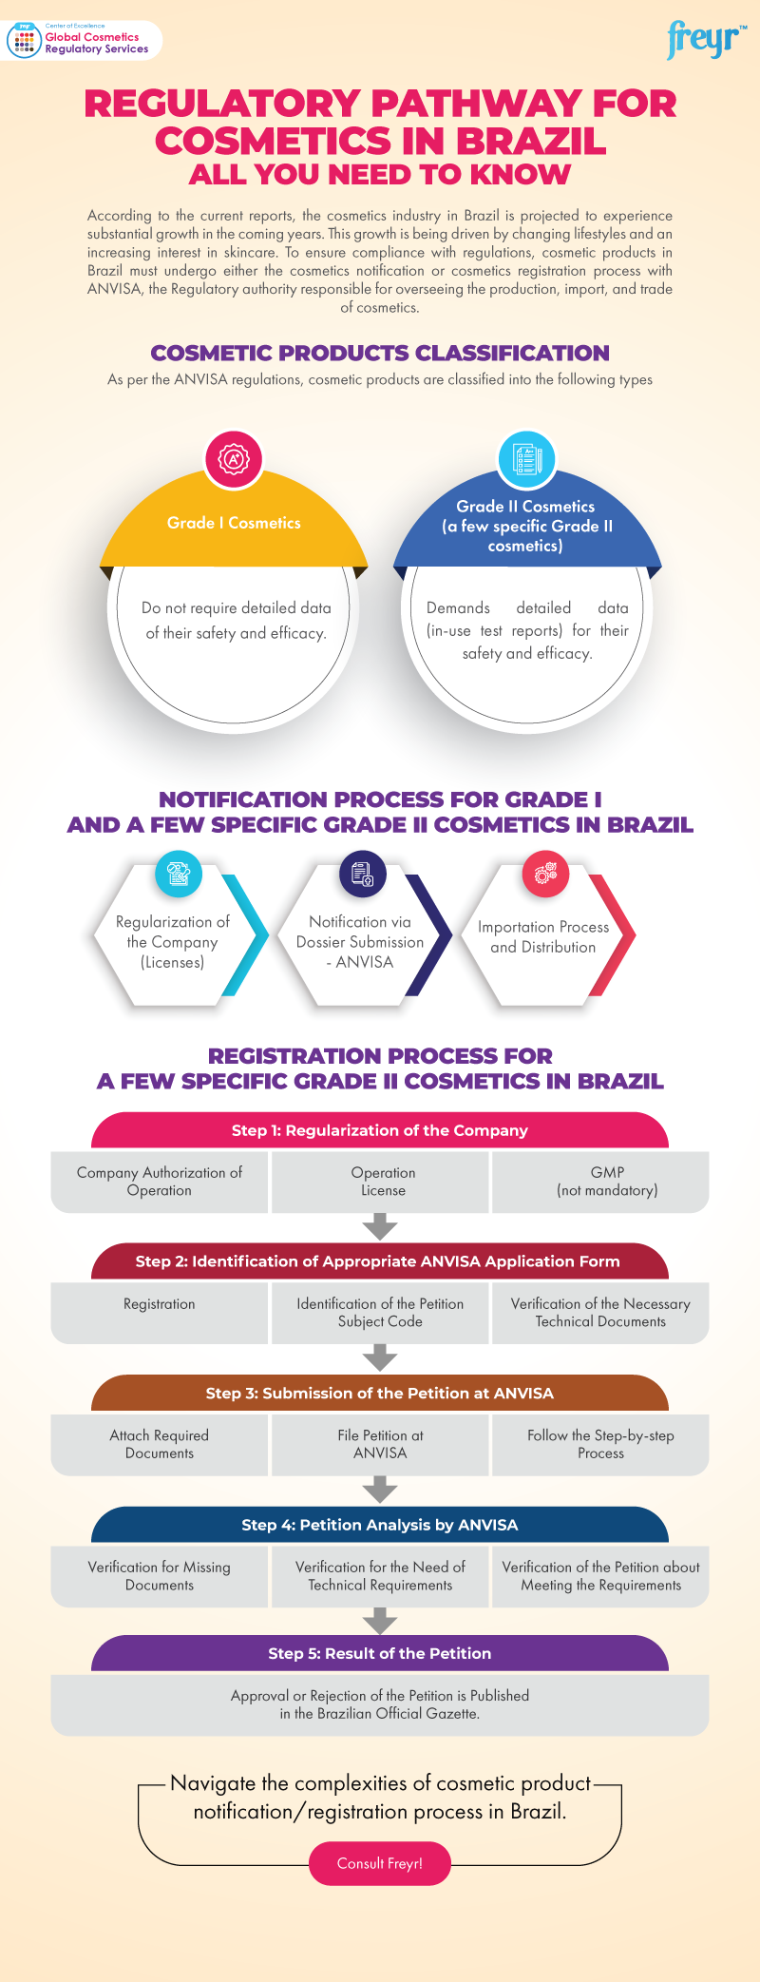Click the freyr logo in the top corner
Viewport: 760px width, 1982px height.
point(706,40)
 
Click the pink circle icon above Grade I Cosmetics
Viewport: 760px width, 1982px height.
point(234,459)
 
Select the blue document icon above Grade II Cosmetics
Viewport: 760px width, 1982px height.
point(526,459)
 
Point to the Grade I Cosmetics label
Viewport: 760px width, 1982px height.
point(234,523)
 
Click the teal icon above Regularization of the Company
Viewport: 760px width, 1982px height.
point(179,874)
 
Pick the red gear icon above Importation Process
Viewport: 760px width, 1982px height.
point(545,874)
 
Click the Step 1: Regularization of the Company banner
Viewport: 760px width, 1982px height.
point(380,1130)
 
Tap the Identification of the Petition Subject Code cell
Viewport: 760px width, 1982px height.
point(380,1313)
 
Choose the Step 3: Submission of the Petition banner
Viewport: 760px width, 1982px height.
point(380,1393)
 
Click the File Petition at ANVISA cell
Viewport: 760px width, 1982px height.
point(380,1444)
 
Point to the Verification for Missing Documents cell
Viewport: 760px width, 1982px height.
point(160,1575)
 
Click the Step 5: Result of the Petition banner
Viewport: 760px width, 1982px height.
point(380,1653)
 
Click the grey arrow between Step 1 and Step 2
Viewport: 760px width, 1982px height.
point(380,1226)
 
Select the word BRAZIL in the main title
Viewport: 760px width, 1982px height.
point(531,141)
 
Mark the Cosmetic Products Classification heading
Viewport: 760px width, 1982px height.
point(380,353)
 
